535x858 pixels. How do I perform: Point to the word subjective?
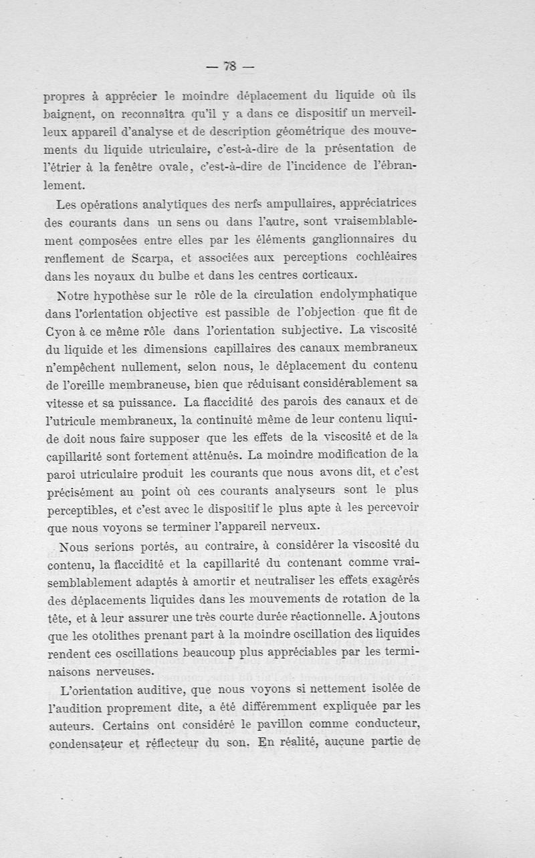click(x=302, y=330)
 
